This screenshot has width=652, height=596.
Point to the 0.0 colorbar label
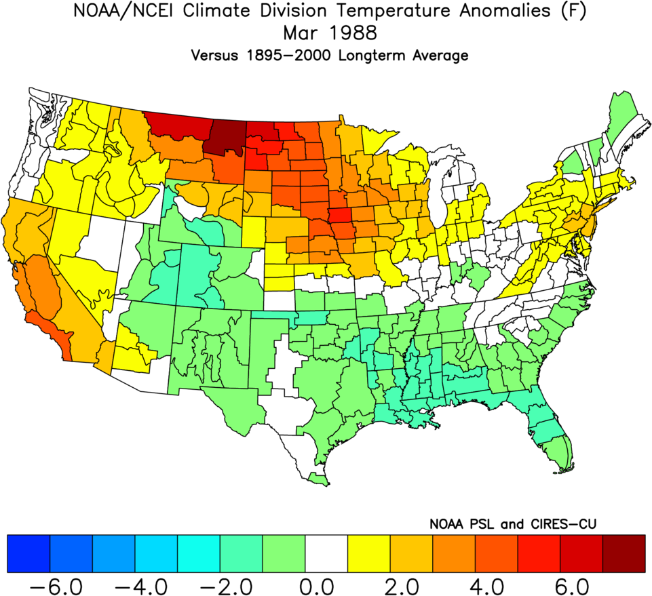(326, 583)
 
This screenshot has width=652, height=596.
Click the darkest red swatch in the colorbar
(624, 553)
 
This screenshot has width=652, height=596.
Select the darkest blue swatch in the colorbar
(28, 553)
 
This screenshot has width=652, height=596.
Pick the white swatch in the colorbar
(326, 553)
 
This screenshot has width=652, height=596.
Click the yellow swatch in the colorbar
(368, 553)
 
